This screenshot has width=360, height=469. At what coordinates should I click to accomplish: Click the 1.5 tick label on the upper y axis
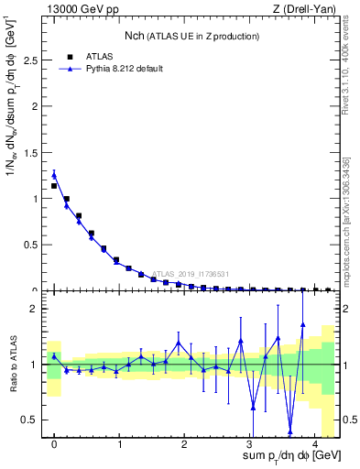click(x=31, y=152)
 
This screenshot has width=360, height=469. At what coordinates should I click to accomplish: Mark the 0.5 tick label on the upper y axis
click(x=31, y=245)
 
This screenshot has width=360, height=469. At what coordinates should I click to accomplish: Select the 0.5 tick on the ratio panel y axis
click(x=31, y=420)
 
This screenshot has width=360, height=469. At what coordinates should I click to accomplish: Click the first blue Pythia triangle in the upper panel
click(x=54, y=175)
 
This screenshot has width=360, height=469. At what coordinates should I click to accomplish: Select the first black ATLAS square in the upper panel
click(x=54, y=186)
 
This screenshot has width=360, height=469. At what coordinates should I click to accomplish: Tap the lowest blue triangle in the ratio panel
click(x=290, y=431)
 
